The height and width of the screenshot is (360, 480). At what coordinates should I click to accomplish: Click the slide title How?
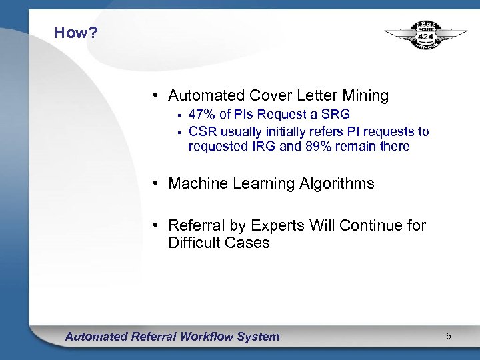[x=76, y=33]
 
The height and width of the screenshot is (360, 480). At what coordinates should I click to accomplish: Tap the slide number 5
[x=449, y=336]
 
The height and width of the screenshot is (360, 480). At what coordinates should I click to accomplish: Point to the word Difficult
[x=195, y=243]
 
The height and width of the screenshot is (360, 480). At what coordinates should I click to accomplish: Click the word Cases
[x=248, y=243]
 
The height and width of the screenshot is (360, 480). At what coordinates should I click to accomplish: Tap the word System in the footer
[x=259, y=337]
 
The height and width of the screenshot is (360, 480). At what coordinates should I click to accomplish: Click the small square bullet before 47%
[x=179, y=115]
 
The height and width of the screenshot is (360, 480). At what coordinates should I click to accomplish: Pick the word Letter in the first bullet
[x=316, y=96]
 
